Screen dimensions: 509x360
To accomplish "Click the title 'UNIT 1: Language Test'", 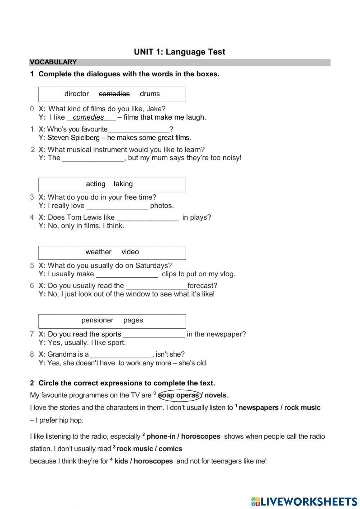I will coord(179,52).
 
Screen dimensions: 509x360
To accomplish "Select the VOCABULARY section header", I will coord(53,62).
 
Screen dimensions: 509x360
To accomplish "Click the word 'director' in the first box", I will coord(76,94).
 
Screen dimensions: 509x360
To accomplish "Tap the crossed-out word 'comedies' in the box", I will coord(114,94).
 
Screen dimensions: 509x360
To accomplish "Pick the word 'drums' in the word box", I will coord(149,94).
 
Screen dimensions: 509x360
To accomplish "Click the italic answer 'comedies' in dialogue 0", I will coord(88,117).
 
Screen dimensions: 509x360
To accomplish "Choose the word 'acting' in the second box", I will coord(95,184).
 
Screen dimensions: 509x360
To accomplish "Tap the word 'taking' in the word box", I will coord(123,184).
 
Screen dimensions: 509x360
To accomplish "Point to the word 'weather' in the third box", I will coord(98,252).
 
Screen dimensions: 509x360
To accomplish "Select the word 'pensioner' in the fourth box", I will coord(97,320).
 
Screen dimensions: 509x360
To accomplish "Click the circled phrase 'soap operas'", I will coord(179,395).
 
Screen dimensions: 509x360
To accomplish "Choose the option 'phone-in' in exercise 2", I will coord(161,437).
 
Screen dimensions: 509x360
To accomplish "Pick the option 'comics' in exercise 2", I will coord(170,449).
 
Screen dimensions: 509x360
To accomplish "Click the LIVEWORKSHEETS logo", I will coord(304,501).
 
